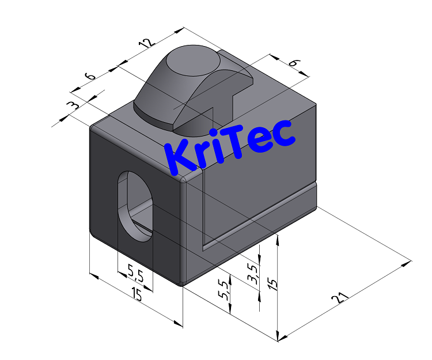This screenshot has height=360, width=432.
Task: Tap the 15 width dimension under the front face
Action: tap(137, 295)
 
